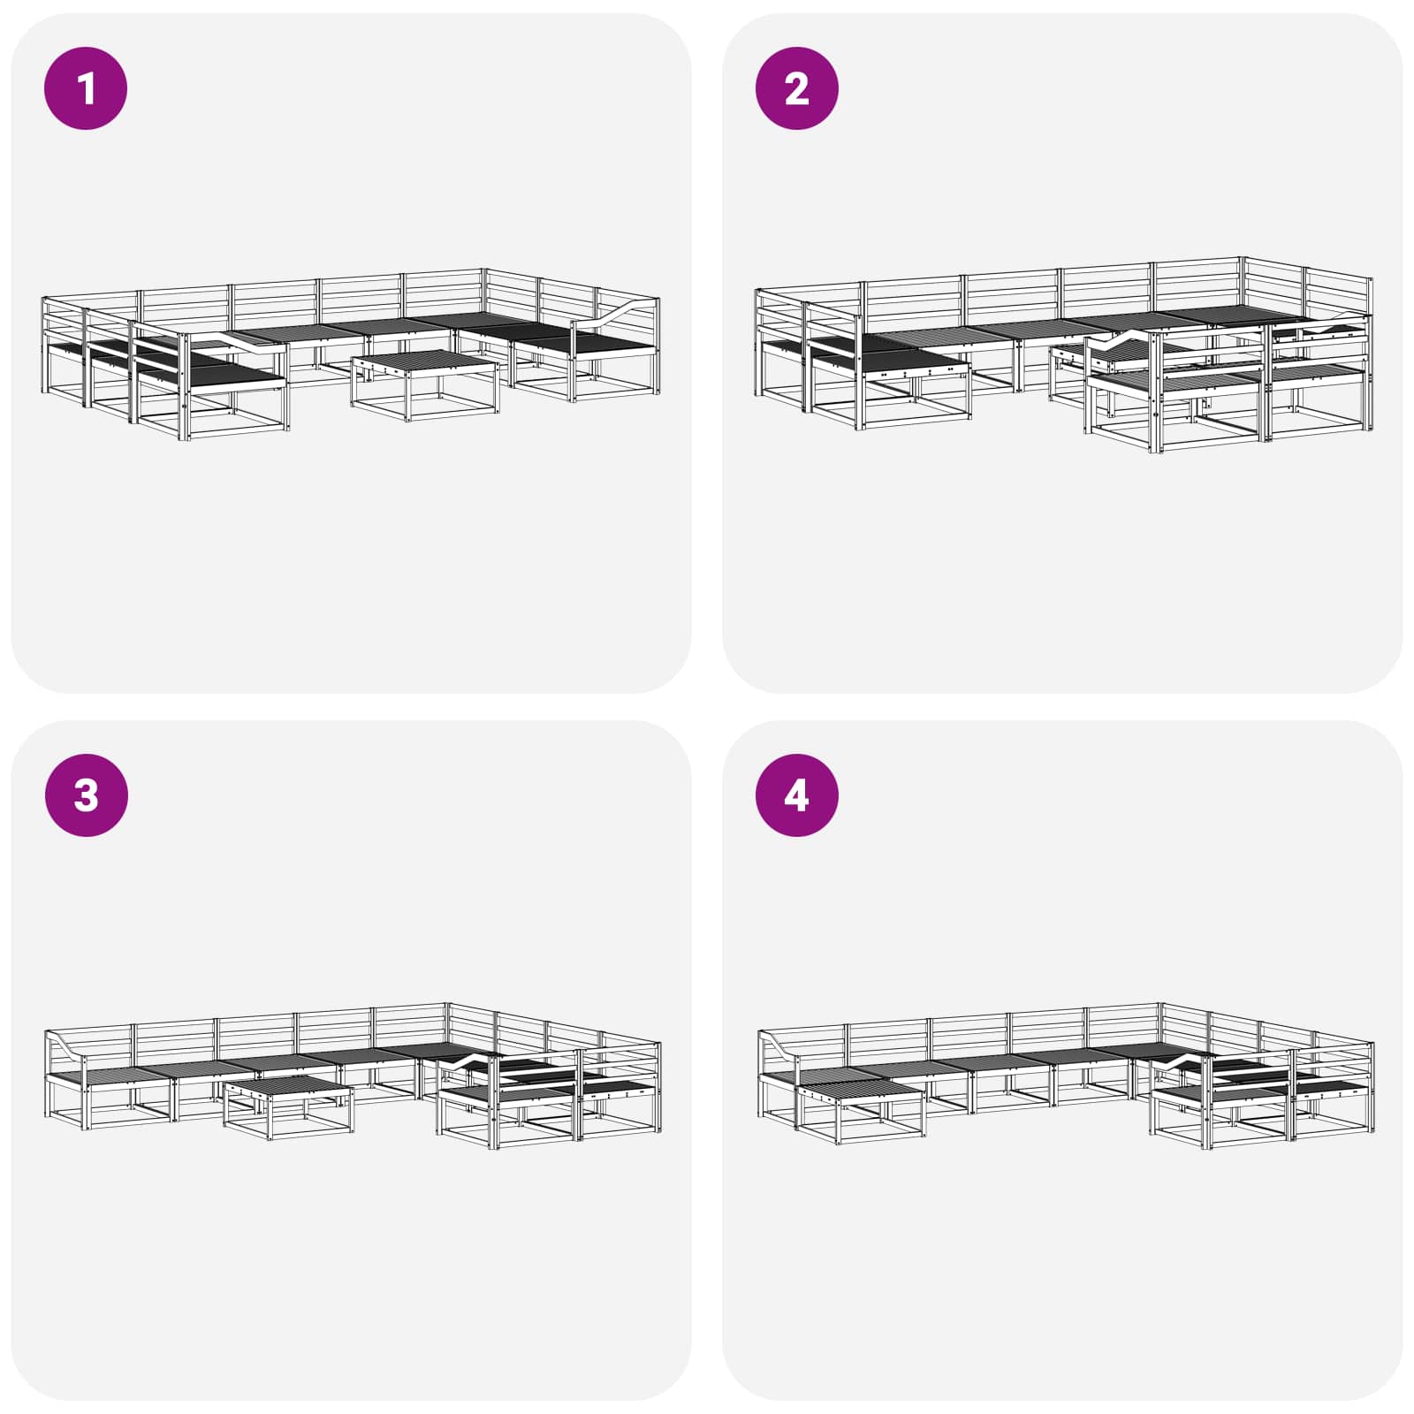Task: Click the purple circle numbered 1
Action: point(86,88)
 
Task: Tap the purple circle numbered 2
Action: point(797,88)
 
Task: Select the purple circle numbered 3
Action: point(86,795)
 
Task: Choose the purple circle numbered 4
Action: point(797,795)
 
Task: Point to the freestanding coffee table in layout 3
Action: point(288,1105)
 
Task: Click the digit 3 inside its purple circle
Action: point(86,795)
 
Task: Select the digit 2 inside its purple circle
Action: point(797,88)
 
